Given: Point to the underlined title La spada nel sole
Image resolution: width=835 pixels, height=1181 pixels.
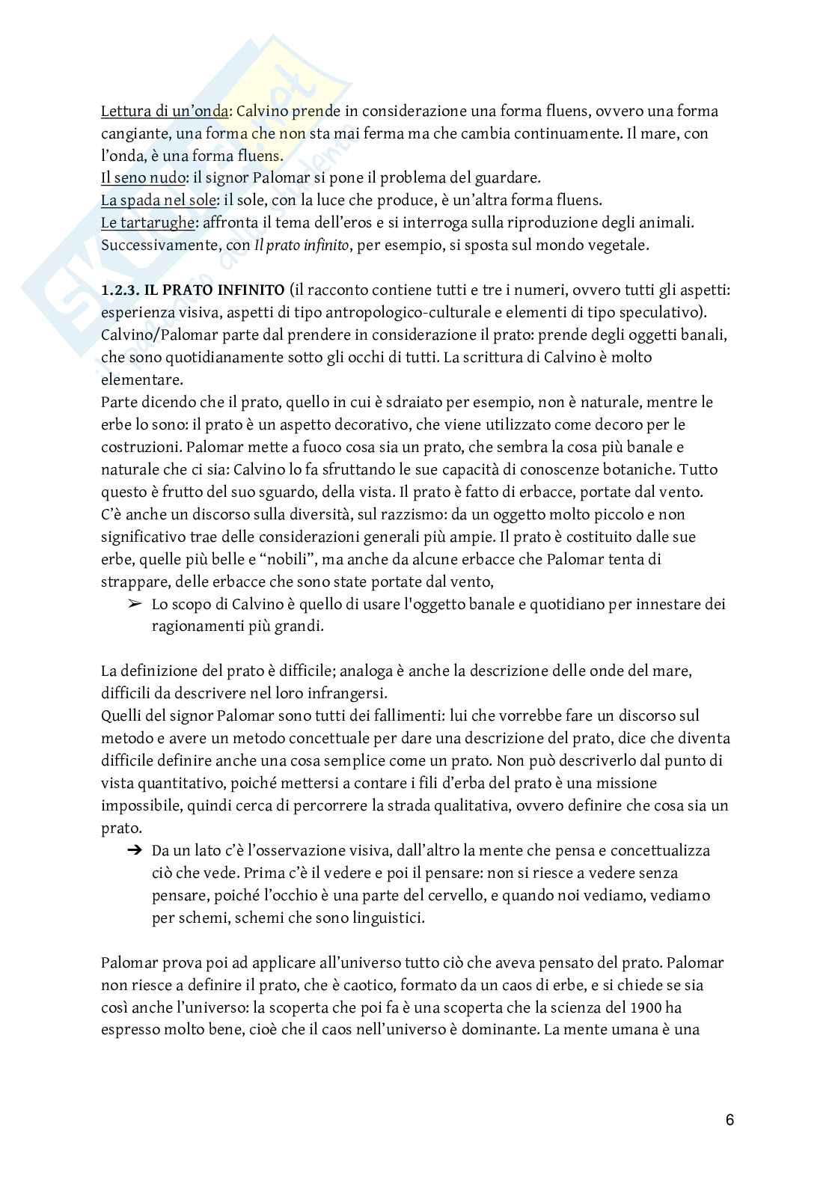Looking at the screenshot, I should point(157,201).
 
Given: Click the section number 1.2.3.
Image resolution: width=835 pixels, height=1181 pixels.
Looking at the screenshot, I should point(120,290).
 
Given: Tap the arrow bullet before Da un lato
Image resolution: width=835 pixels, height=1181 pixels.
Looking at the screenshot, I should point(135,850).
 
